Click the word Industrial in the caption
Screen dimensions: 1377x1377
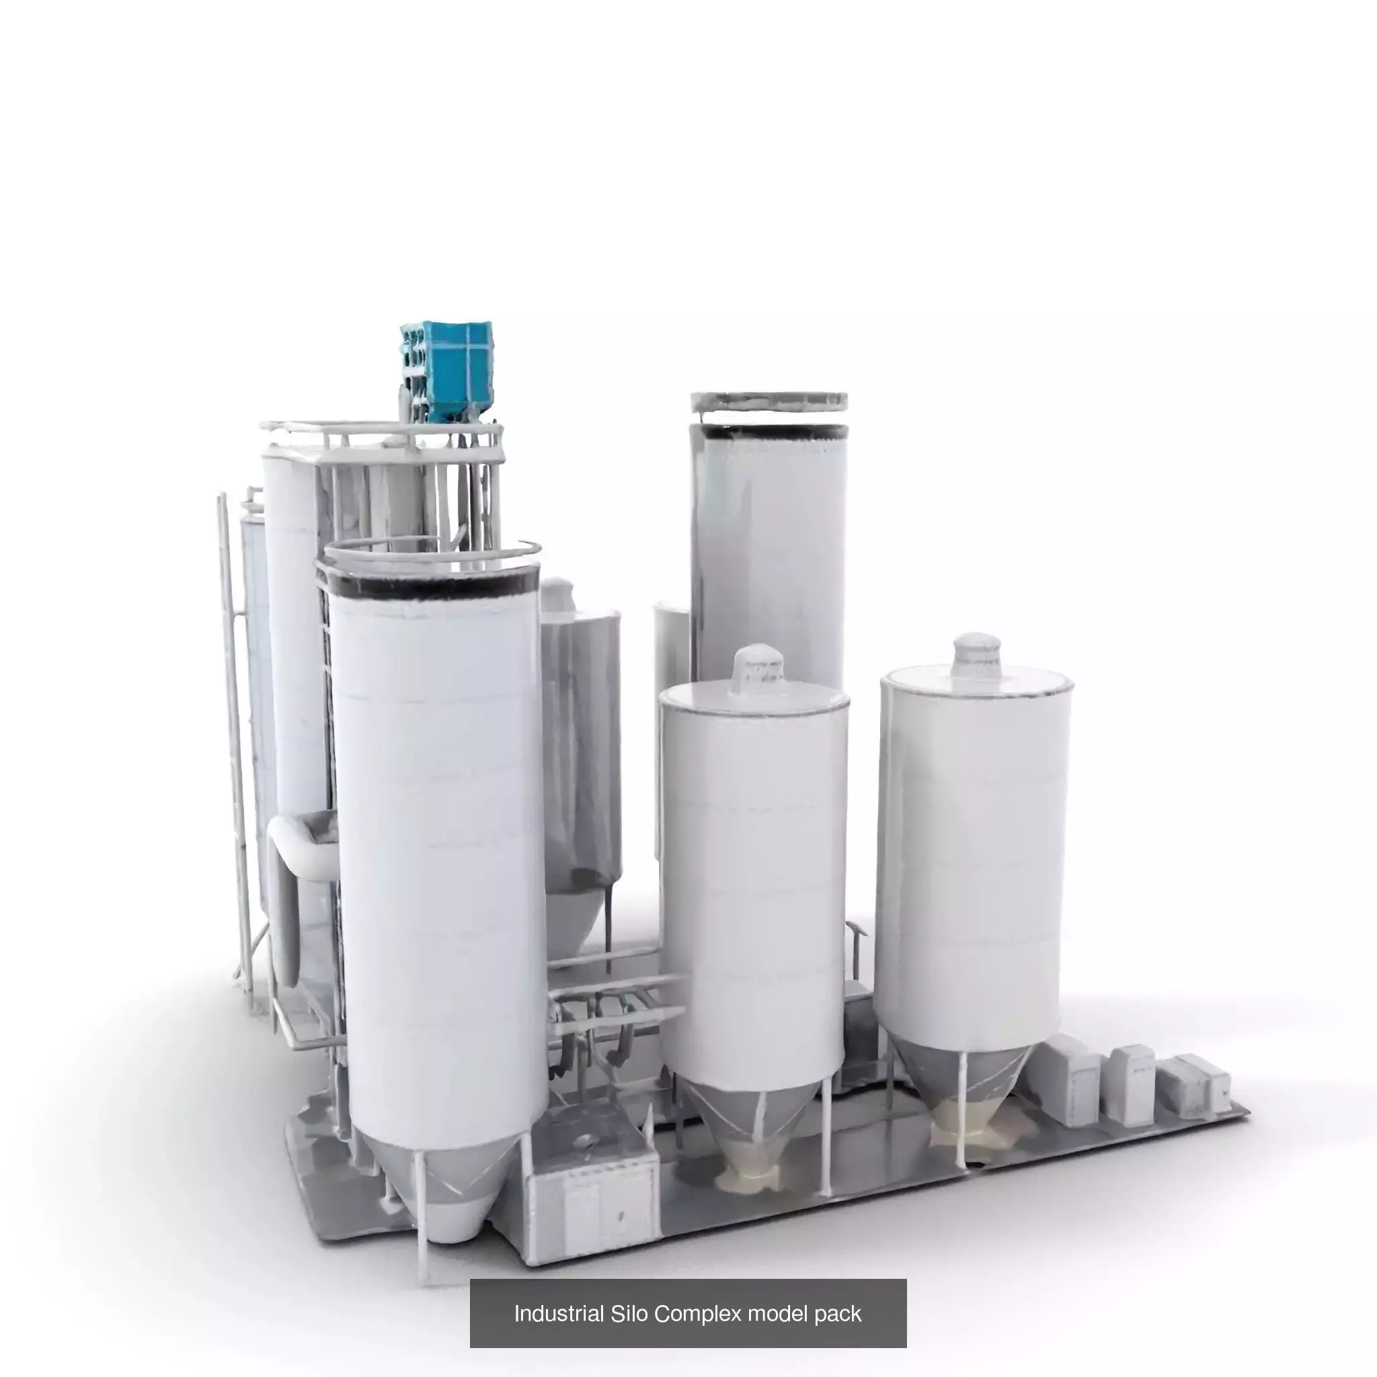(x=558, y=1314)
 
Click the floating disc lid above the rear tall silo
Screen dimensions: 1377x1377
(x=769, y=401)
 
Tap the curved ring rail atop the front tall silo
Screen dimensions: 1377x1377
(x=428, y=548)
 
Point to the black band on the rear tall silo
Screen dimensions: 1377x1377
(x=769, y=432)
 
